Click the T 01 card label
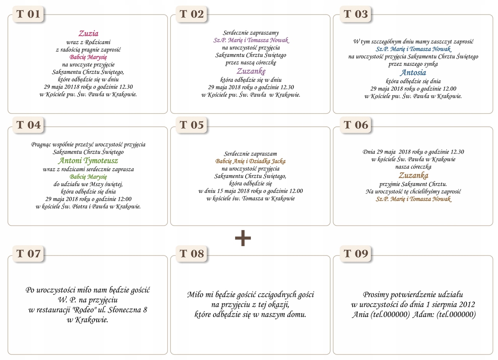28,14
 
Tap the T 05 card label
192,125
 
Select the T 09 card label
355,254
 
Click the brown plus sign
243,238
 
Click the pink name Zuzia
88,33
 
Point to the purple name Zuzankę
251,71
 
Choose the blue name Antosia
413,72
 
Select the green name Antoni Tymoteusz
88,160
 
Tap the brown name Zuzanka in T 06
413,175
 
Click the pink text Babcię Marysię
88,57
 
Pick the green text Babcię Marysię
88,177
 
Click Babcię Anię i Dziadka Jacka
251,161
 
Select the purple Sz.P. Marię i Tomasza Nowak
251,40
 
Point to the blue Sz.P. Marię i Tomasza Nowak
413,49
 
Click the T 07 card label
28,254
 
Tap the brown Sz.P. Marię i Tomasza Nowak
413,199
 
